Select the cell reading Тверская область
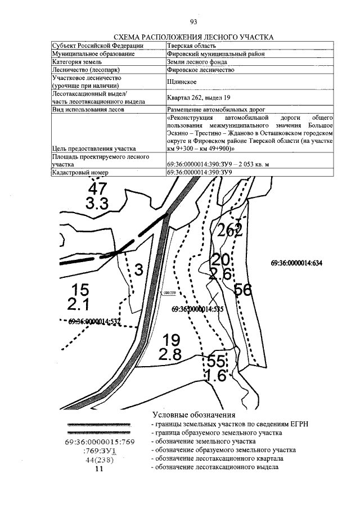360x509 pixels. (x=191, y=45)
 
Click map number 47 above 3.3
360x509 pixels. (x=97, y=190)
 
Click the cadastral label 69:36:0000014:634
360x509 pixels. (x=295, y=263)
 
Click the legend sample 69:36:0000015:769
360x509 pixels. (x=99, y=442)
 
